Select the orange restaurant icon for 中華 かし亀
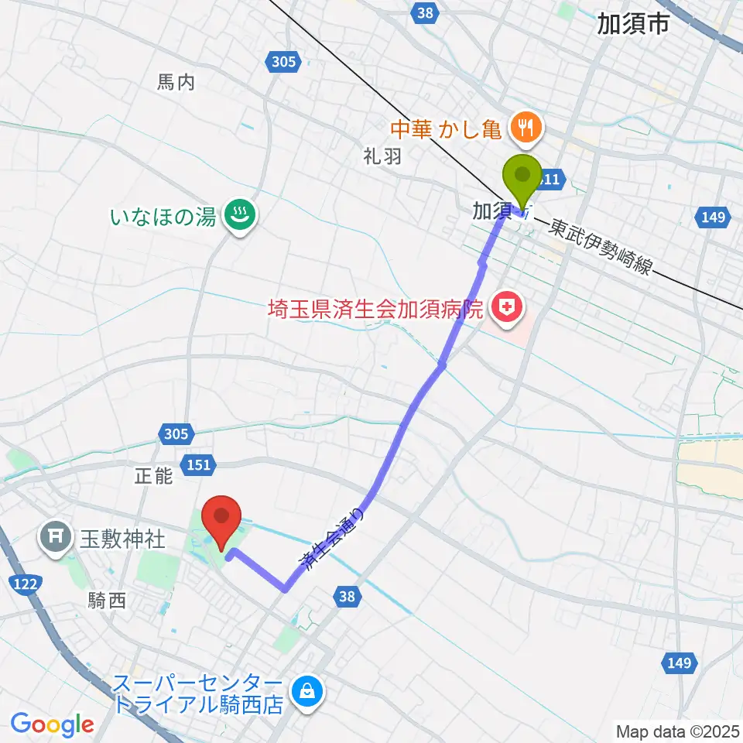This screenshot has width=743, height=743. pos(527,125)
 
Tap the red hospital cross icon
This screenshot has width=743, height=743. pos(505,310)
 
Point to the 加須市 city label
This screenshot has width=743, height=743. pos(633,26)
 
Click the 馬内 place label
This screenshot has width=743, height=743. pos(176,83)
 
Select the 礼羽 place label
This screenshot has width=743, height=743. pos(382,156)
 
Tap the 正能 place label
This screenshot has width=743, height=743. pos(152,476)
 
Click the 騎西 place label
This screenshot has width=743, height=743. pos(107,601)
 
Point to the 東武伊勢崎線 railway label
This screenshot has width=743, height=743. pos(601,246)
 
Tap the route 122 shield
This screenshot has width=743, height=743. pos(26,585)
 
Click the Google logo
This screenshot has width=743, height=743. pos(53,724)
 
